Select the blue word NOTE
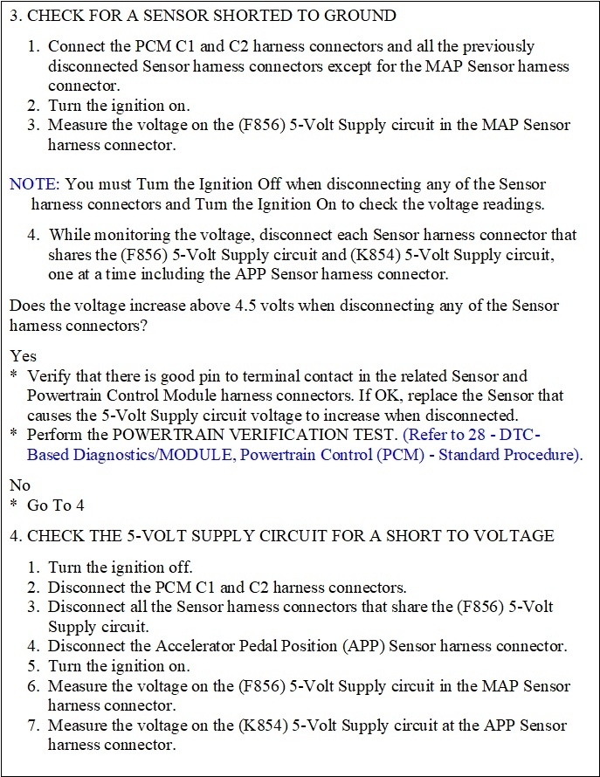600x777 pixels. (x=31, y=184)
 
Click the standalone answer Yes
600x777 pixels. (x=23, y=356)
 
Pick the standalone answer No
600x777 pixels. (x=20, y=485)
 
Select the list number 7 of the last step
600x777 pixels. (x=35, y=725)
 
